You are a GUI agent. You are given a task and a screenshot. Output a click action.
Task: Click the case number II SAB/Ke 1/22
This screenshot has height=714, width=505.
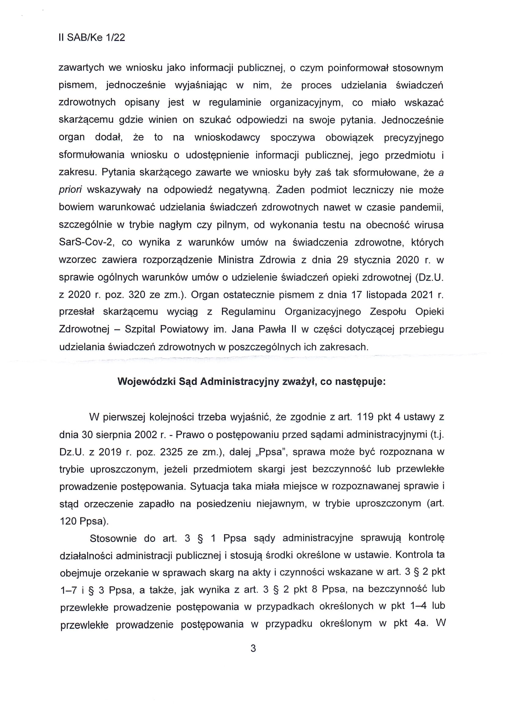click(92, 38)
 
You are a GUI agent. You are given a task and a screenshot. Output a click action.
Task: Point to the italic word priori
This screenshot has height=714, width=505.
click(70, 190)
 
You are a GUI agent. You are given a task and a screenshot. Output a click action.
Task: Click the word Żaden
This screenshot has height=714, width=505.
click(292, 190)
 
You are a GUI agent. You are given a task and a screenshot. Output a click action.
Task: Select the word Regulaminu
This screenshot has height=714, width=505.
click(248, 312)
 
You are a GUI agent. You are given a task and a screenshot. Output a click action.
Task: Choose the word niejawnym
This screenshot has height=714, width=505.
click(282, 504)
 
